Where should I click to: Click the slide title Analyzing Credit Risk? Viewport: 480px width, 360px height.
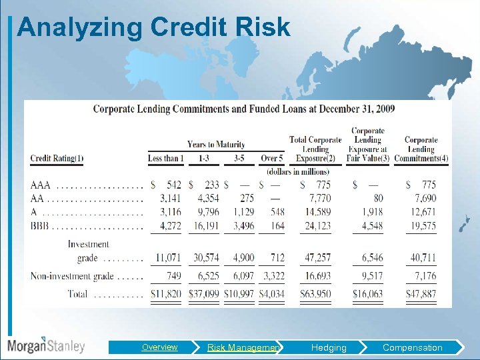click(x=153, y=27)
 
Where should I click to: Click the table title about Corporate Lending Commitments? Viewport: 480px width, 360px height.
click(x=243, y=109)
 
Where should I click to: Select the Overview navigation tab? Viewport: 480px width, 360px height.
click(x=159, y=347)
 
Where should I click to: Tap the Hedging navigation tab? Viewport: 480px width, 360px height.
click(x=329, y=347)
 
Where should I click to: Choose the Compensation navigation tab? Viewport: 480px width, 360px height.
click(x=412, y=347)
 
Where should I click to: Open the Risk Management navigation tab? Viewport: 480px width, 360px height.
click(x=244, y=347)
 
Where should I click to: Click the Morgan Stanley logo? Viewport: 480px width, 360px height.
click(x=46, y=345)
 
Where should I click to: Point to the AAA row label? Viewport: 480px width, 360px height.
click(x=41, y=185)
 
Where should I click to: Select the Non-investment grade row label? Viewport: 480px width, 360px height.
click(x=67, y=276)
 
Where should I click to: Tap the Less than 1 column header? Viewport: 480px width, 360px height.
click(x=164, y=158)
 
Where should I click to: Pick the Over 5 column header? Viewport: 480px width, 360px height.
click(x=272, y=158)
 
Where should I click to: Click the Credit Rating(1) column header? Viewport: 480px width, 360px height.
click(x=57, y=158)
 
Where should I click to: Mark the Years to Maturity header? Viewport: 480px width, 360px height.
click(x=216, y=144)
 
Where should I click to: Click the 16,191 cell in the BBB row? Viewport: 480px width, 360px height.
click(x=207, y=226)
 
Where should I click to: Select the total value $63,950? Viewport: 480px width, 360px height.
click(x=315, y=294)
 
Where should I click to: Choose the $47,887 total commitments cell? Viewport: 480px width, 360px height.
click(x=421, y=294)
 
